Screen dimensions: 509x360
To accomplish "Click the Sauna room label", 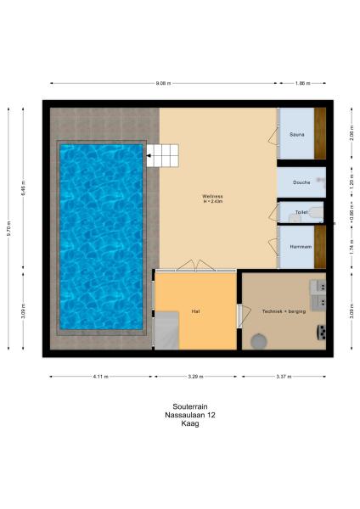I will click(x=296, y=134).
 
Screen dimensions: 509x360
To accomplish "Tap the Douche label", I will click(x=301, y=182).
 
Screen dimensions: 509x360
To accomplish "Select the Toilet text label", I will click(x=301, y=212).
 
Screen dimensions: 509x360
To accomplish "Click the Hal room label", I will click(x=195, y=311).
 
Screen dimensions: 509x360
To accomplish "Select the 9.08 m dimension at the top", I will click(x=163, y=83).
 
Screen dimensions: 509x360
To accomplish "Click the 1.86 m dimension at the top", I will click(x=303, y=83).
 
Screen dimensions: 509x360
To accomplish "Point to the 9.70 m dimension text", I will click(x=9, y=228).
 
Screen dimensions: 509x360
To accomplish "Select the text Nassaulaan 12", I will click(x=180, y=415).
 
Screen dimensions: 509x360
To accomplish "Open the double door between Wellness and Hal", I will click(x=195, y=266).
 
